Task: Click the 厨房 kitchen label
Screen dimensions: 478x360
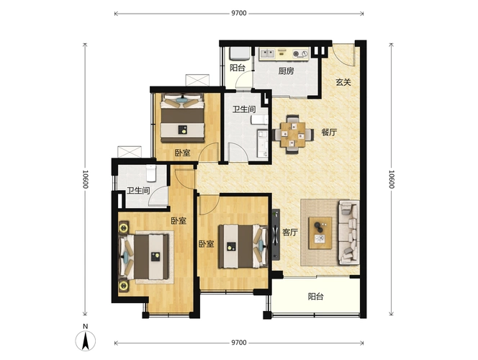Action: (286, 71)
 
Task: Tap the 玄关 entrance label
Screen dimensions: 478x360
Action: (343, 82)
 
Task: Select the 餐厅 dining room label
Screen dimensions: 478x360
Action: (329, 132)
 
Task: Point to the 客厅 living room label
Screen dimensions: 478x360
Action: (290, 233)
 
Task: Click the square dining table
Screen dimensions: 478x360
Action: (293, 135)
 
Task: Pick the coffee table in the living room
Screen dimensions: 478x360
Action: (320, 233)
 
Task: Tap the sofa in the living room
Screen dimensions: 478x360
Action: (348, 233)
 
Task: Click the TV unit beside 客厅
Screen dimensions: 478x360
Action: (276, 235)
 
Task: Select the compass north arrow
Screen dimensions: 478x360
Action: (86, 341)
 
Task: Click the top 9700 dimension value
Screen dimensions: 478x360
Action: (239, 13)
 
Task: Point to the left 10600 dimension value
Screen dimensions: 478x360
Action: (86, 179)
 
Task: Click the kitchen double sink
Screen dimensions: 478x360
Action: (267, 54)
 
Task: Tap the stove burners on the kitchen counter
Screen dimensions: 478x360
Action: (301, 54)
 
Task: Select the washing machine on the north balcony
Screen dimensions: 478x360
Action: (240, 54)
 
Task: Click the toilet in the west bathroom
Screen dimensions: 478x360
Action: (151, 173)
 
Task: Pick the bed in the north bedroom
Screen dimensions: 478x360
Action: (183, 118)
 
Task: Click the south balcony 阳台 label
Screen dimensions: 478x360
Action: (315, 297)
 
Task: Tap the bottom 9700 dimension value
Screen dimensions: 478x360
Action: (239, 343)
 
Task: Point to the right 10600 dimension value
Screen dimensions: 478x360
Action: (392, 179)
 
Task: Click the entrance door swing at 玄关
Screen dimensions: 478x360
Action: (345, 55)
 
